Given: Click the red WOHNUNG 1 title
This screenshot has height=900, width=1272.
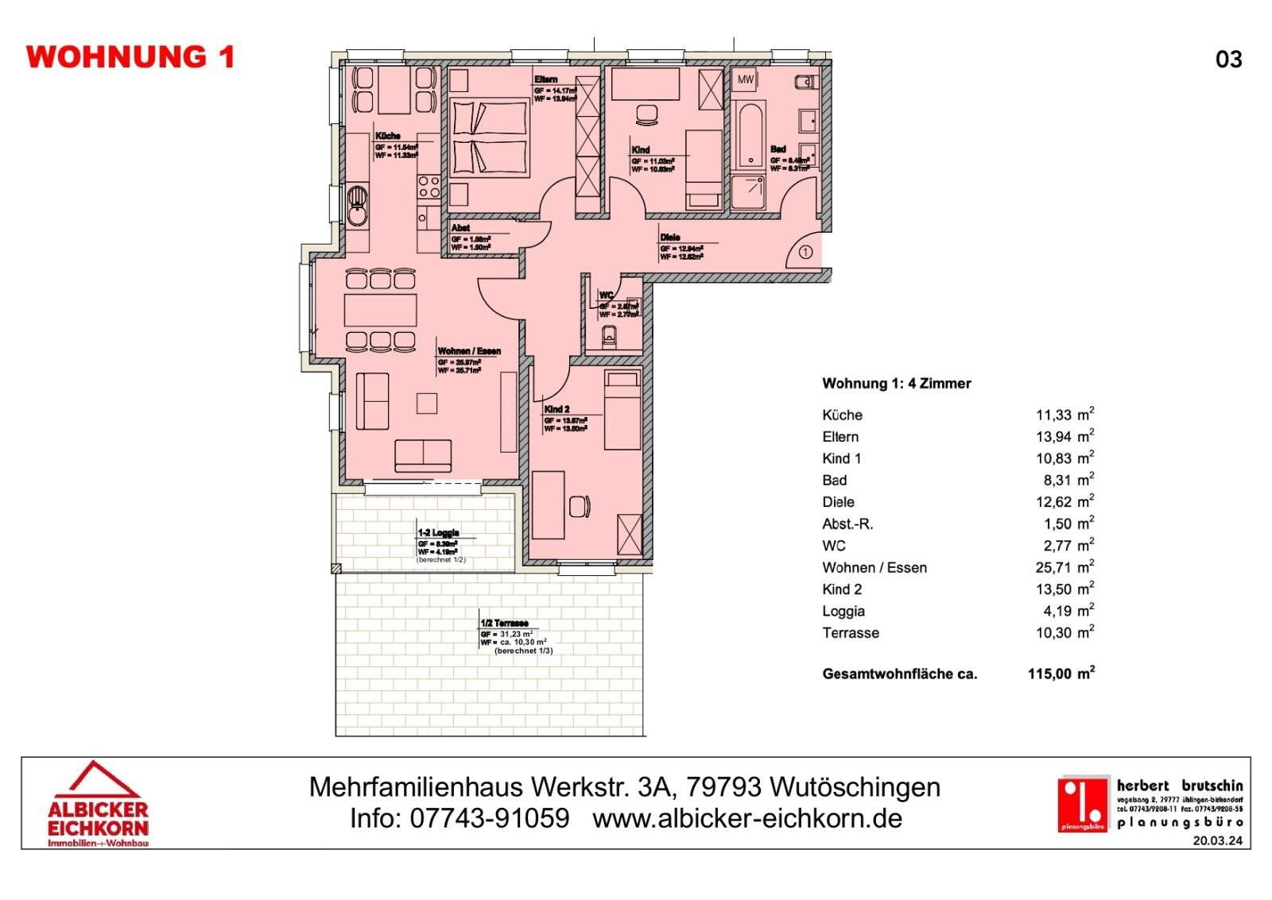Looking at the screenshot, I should pyautogui.click(x=130, y=57).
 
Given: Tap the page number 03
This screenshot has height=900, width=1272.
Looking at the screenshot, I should pyautogui.click(x=1228, y=60).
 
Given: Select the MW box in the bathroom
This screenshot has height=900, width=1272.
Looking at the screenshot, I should pyautogui.click(x=745, y=79).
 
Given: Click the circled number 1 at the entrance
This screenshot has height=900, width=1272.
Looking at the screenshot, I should pyautogui.click(x=805, y=253).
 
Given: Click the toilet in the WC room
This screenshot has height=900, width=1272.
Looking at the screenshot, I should pyautogui.click(x=610, y=337).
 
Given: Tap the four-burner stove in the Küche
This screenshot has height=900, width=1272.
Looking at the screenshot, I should pyautogui.click(x=429, y=187).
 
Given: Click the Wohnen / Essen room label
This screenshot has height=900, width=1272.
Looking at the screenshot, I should pyautogui.click(x=469, y=350).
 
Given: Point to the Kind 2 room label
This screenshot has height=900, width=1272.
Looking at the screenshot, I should pyautogui.click(x=556, y=409).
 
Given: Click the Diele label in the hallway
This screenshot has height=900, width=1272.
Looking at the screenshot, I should pyautogui.click(x=669, y=237).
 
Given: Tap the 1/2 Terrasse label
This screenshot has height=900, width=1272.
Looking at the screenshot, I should pyautogui.click(x=504, y=624).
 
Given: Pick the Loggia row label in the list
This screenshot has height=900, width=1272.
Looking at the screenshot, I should pyautogui.click(x=843, y=611).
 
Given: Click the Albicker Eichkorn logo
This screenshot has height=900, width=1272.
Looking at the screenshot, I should pyautogui.click(x=98, y=804).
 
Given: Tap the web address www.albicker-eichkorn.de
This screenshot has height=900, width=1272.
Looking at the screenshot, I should pyautogui.click(x=747, y=818).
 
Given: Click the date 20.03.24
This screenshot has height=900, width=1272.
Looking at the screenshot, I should pyautogui.click(x=1217, y=840).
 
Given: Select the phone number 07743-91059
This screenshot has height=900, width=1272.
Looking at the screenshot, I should pyautogui.click(x=490, y=818).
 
